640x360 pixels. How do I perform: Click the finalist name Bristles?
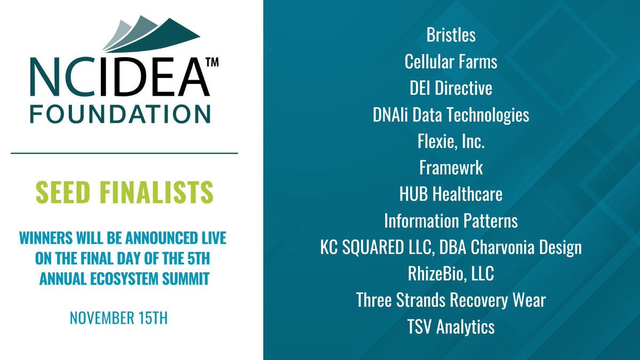[x=451, y=35]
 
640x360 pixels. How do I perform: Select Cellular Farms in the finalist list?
[x=451, y=62]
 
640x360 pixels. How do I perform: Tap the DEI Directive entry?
[x=451, y=88]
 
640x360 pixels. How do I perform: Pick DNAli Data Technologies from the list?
[x=451, y=115]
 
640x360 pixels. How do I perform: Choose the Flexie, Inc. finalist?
[x=451, y=141]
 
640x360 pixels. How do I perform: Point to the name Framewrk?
[x=451, y=168]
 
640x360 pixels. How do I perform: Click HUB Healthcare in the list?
[x=451, y=194]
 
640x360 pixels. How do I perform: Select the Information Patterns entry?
[x=451, y=221]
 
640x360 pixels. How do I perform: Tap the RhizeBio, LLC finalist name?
[x=451, y=274]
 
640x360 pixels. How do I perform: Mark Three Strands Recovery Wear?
[x=451, y=300]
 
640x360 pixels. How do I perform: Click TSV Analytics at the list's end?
[x=451, y=327]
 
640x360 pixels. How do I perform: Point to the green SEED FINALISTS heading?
[x=125, y=193]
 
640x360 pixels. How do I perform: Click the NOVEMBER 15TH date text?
[x=119, y=319]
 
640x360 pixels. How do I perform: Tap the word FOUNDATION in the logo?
[x=119, y=114]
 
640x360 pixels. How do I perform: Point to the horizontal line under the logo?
[x=124, y=153]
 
